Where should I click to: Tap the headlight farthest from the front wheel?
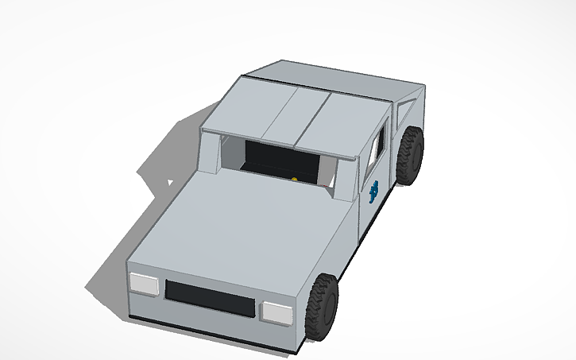pyautogui.click(x=144, y=282)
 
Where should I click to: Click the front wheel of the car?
pyautogui.click(x=323, y=306)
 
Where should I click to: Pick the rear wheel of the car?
pyautogui.click(x=410, y=156)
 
